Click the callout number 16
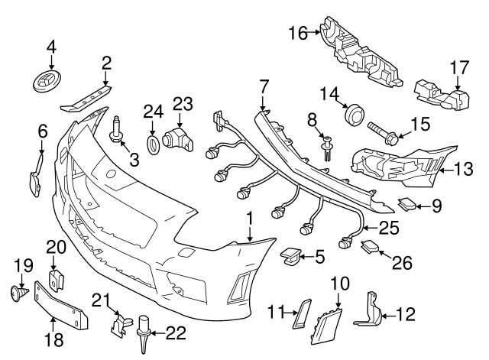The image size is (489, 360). (297, 32)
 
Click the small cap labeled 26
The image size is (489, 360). (371, 246)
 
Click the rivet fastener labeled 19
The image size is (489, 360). (18, 293)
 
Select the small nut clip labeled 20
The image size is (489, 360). (56, 277)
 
